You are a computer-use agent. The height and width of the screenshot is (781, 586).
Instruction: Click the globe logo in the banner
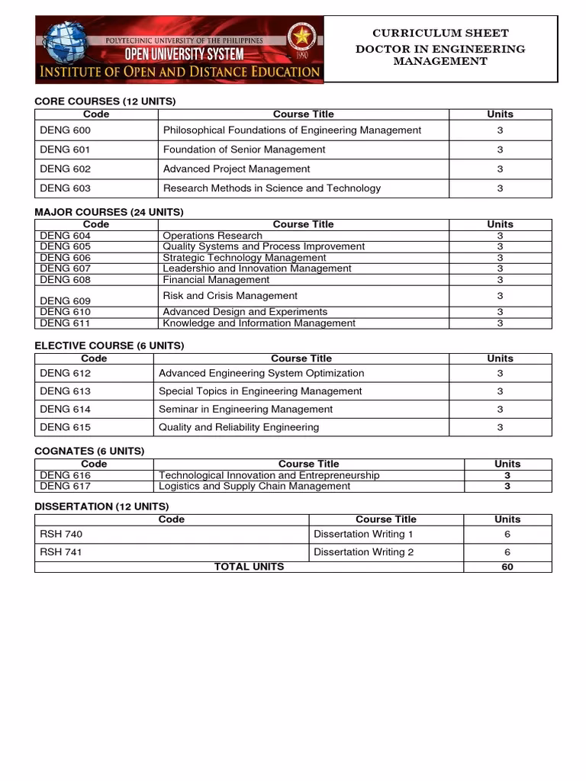point(66,46)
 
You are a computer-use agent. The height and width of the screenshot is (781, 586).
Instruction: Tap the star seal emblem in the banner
point(304,37)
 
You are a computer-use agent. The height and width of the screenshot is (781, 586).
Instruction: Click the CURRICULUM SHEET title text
point(440,34)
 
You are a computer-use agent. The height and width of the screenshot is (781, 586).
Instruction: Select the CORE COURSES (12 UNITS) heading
point(105,101)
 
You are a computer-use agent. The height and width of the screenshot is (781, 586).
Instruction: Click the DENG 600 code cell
point(65,130)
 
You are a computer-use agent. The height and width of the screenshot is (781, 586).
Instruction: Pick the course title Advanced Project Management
point(237,169)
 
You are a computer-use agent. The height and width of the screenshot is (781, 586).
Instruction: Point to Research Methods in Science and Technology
point(272,188)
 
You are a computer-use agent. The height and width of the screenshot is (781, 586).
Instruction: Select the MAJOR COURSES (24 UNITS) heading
point(109,212)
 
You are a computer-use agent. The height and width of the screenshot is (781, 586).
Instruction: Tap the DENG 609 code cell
point(65,301)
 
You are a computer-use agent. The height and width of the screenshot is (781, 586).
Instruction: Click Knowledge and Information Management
point(259,323)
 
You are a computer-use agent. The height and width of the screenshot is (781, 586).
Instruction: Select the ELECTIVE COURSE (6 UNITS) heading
point(109,346)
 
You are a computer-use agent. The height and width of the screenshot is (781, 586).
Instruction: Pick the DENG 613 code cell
point(65,391)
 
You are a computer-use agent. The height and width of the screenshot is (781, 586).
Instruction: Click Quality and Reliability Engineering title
point(239,427)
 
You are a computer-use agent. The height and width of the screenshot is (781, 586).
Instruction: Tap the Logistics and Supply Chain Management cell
point(254,486)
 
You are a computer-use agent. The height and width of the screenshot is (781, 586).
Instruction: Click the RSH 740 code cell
point(61,534)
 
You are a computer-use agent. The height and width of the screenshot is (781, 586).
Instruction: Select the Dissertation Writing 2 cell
point(364,552)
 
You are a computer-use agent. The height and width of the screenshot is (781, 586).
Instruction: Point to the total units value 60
point(507,567)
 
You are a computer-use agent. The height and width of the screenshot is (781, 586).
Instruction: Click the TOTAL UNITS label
point(249,567)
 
